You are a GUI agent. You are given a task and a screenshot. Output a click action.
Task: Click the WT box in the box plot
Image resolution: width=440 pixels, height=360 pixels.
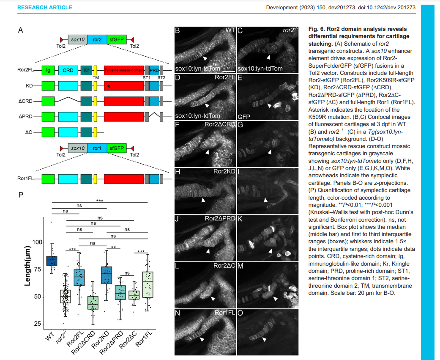(x=52, y=261)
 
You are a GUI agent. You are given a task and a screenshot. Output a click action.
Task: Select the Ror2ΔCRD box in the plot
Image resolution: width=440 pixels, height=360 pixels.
(x=93, y=303)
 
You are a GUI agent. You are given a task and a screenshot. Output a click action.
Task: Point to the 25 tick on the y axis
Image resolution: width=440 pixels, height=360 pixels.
(x=39, y=324)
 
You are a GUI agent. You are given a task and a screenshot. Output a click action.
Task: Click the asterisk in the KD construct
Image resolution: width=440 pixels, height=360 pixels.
(x=109, y=87)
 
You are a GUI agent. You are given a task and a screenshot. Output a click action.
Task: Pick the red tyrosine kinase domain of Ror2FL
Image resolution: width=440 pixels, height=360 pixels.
(x=124, y=70)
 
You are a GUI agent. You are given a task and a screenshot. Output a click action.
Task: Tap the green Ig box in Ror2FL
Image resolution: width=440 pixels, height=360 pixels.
(x=48, y=70)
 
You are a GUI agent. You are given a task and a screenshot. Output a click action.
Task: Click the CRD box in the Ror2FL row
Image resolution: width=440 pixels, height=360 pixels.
(x=68, y=70)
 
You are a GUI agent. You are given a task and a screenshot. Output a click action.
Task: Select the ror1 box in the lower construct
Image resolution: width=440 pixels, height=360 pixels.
(x=97, y=148)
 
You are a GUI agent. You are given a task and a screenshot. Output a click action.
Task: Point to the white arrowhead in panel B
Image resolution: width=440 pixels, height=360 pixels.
(x=205, y=58)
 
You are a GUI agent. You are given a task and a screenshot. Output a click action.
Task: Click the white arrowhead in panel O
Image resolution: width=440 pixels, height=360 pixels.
(x=264, y=340)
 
